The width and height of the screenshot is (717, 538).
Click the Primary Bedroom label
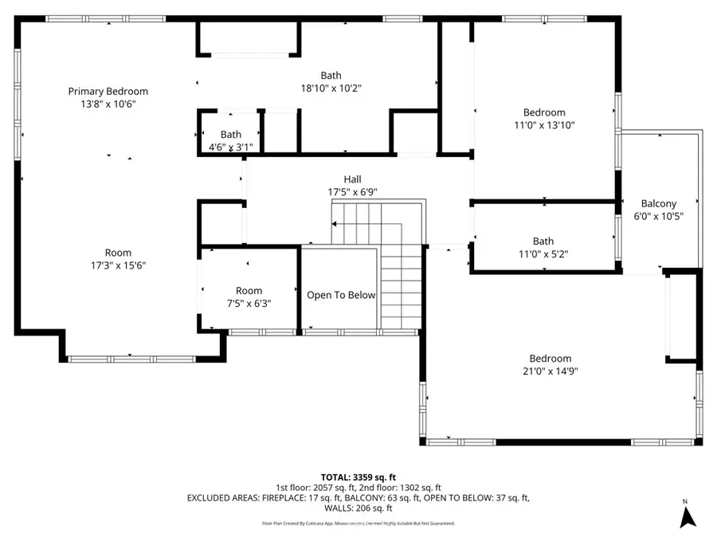(x=108, y=92)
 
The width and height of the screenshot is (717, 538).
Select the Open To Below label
(x=341, y=295)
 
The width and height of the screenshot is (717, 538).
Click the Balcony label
(x=658, y=204)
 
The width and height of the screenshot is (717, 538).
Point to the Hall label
(x=352, y=179)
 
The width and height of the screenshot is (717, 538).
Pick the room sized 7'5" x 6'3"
(x=249, y=296)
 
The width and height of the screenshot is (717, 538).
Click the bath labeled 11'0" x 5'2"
(x=543, y=247)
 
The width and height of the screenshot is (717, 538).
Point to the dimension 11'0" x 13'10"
(x=544, y=125)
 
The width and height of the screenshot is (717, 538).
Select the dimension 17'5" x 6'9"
(x=352, y=191)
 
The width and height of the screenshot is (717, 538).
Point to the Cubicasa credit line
(x=358, y=524)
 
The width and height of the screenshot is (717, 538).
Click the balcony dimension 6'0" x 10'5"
(x=658, y=216)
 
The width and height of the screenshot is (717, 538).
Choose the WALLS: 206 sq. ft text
(x=358, y=508)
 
